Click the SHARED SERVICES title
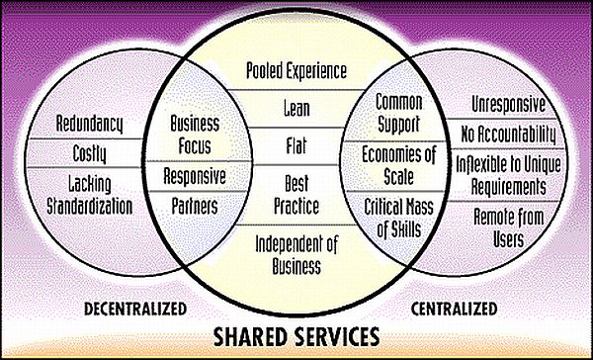click(296, 336)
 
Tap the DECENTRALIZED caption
click(135, 309)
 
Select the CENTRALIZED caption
click(455, 309)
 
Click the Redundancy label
click(90, 125)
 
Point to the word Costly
click(89, 153)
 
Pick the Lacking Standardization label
click(89, 196)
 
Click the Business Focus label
click(195, 135)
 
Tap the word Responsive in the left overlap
click(195, 177)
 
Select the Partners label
click(195, 206)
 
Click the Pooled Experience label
click(296, 71)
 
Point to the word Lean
click(296, 108)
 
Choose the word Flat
click(296, 146)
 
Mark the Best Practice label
click(296, 195)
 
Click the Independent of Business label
click(296, 254)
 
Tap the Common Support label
click(399, 113)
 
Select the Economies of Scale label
click(399, 166)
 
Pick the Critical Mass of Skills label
click(399, 218)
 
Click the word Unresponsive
click(509, 104)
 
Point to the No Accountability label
click(509, 135)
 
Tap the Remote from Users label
click(509, 227)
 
